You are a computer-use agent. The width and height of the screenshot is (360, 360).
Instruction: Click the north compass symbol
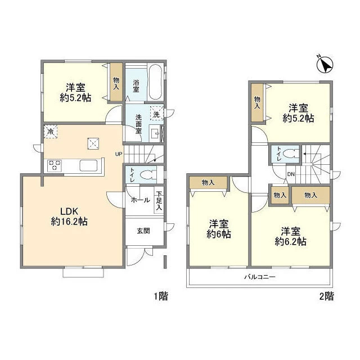(325, 65)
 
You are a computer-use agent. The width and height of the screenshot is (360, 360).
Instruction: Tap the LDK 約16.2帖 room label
(69, 217)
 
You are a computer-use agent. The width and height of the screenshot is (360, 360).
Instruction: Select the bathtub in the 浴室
(155, 82)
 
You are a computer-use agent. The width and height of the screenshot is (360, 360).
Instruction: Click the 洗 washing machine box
(156, 113)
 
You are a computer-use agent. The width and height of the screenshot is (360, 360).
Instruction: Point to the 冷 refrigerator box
(51, 132)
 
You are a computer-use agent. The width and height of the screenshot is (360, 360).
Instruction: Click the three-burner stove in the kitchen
(55, 165)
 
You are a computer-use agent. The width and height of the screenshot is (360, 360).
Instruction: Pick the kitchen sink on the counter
(88, 165)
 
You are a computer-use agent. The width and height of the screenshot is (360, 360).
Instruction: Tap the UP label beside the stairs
(119, 154)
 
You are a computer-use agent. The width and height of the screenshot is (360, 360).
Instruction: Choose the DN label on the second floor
(291, 174)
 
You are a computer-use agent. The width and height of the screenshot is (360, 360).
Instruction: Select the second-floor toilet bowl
(290, 154)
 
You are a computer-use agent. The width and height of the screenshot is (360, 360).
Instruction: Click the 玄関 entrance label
(143, 231)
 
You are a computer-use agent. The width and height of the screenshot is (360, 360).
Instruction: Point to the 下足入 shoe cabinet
(159, 201)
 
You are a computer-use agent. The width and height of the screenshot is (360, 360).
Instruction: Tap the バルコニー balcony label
(260, 277)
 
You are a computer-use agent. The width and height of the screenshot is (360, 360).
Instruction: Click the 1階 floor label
(161, 296)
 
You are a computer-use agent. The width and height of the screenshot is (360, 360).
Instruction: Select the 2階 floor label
(326, 296)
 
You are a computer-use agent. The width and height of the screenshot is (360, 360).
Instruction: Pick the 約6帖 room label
(219, 234)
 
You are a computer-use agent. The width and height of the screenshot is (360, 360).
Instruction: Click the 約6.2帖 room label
(290, 241)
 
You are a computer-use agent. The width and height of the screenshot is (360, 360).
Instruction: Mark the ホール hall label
(140, 200)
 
